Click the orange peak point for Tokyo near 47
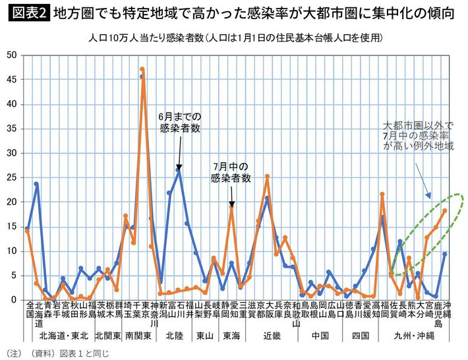pos(142,69)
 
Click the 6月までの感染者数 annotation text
pos(179,123)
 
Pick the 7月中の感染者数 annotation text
pos(231,172)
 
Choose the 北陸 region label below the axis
pos(174,336)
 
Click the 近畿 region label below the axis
pos(272,336)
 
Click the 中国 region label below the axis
pos(320,336)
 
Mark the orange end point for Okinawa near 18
pos(445,210)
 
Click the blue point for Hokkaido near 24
pos(36,184)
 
